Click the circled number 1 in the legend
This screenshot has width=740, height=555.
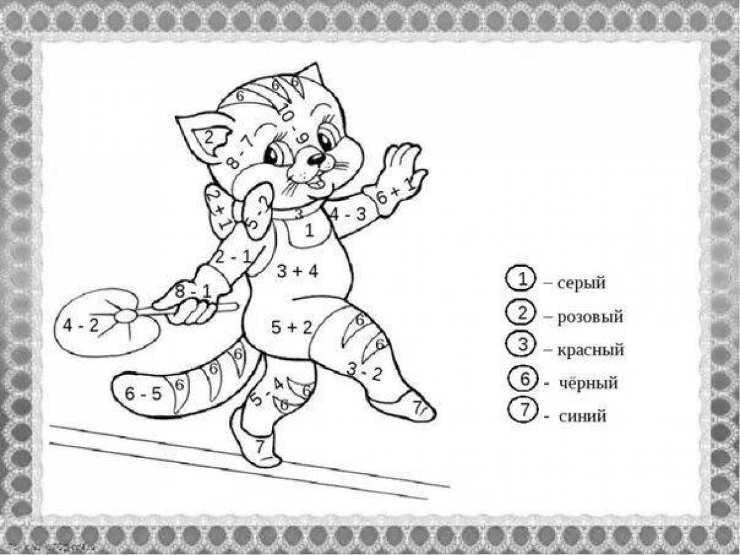click(522, 281)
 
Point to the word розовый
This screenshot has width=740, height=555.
click(590, 317)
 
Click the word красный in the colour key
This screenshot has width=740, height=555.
click(591, 350)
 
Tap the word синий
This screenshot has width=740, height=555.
click(583, 416)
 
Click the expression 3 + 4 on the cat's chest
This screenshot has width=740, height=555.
click(297, 271)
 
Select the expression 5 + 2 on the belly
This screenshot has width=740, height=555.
click(292, 327)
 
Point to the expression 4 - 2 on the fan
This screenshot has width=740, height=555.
click(81, 326)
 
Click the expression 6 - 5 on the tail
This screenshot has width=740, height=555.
click(143, 393)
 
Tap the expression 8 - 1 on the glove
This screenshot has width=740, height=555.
click(192, 292)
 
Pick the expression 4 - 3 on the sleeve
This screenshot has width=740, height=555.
click(348, 215)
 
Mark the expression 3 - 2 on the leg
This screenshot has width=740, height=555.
click(364, 371)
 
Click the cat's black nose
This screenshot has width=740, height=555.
click(316, 159)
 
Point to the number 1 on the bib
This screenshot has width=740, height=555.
click(310, 231)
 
